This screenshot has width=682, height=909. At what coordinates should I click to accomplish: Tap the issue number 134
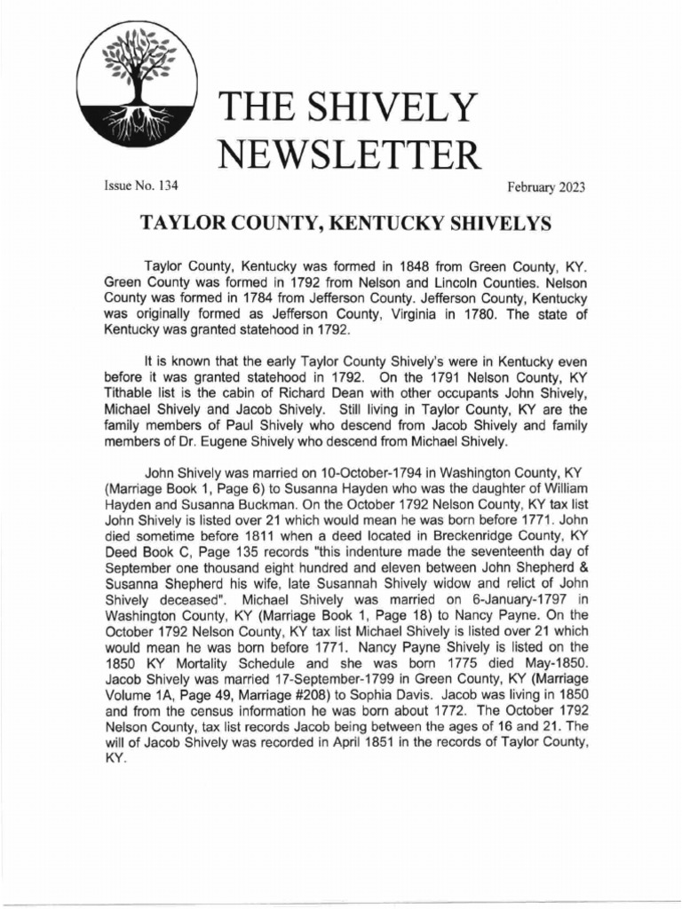click(164, 186)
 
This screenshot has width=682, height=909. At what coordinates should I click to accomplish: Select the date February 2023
click(546, 186)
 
